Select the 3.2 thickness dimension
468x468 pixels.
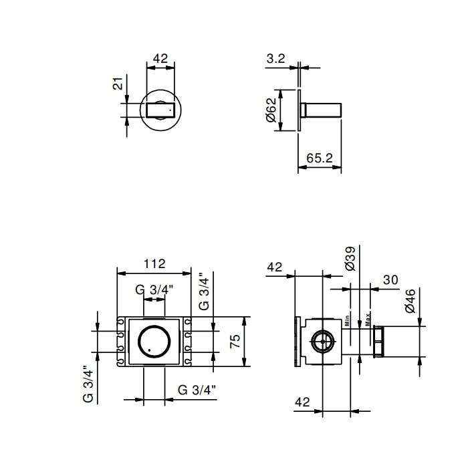pyautogui.click(x=276, y=59)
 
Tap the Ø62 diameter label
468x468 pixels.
pyautogui.click(x=270, y=110)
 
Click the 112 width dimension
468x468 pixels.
pyautogui.click(x=154, y=263)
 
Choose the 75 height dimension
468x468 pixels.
pyautogui.click(x=235, y=342)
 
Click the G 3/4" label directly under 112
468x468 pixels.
pyautogui.click(x=154, y=289)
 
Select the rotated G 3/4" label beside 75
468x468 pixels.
pyautogui.click(x=205, y=291)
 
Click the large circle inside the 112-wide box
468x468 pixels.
pyautogui.click(x=154, y=342)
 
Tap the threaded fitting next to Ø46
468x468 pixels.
pyautogui.click(x=380, y=341)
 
